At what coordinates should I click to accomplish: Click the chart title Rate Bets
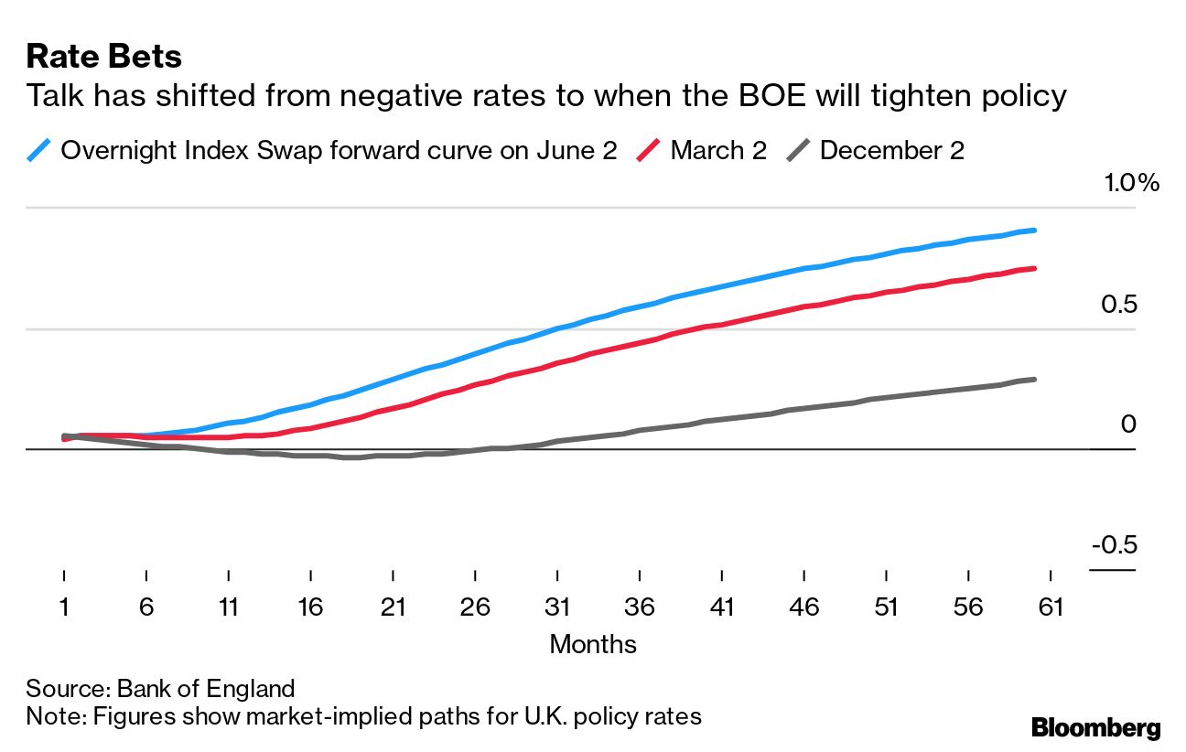click(103, 57)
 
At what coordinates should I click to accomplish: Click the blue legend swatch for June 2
click(38, 150)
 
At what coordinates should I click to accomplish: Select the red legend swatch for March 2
click(648, 150)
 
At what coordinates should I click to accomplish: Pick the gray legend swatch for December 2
click(798, 150)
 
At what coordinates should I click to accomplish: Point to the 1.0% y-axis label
click(1131, 183)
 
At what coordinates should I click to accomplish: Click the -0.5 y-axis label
click(1113, 545)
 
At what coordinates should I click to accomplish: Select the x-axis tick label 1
click(64, 607)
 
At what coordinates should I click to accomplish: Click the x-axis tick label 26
click(475, 607)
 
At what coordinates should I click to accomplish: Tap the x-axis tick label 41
click(721, 607)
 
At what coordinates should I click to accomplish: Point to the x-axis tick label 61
click(1050, 607)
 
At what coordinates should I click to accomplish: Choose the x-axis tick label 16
click(310, 607)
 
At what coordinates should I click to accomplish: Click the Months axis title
click(592, 644)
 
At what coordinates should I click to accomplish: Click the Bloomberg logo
click(1095, 728)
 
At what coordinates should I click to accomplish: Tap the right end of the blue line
click(1034, 231)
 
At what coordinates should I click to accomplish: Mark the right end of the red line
click(1034, 269)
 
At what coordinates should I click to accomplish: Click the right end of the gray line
click(1034, 379)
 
